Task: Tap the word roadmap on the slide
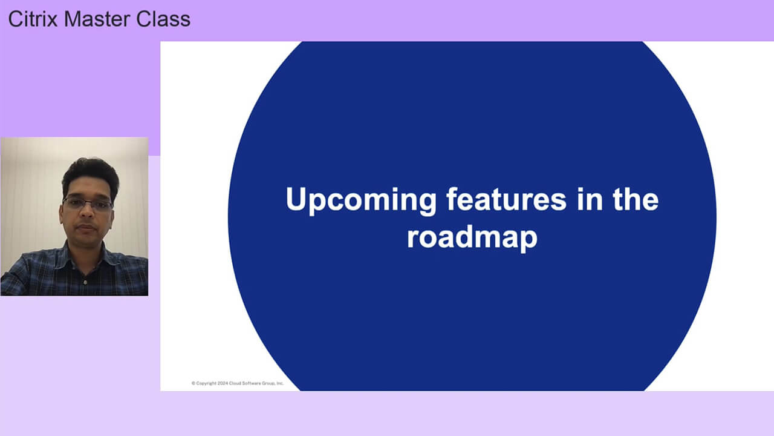472,237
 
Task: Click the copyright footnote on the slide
237,383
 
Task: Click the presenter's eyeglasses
88,204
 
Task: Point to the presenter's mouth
86,227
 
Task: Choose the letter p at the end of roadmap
529,240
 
